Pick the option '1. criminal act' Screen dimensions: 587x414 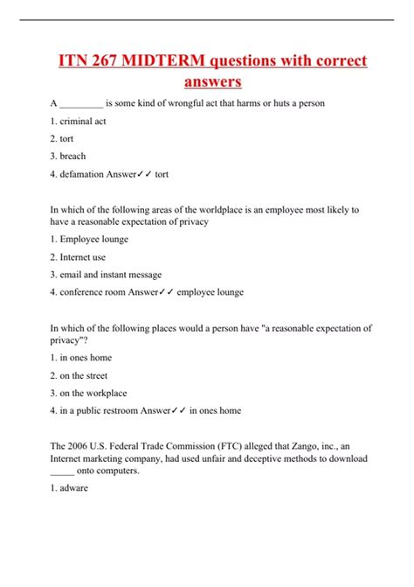click(79, 121)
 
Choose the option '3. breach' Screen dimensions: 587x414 click(68, 156)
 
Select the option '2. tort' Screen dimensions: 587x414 click(62, 138)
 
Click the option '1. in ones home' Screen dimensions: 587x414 click(81, 358)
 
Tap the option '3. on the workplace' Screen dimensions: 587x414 click(88, 393)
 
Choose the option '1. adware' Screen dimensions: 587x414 click(70, 488)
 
